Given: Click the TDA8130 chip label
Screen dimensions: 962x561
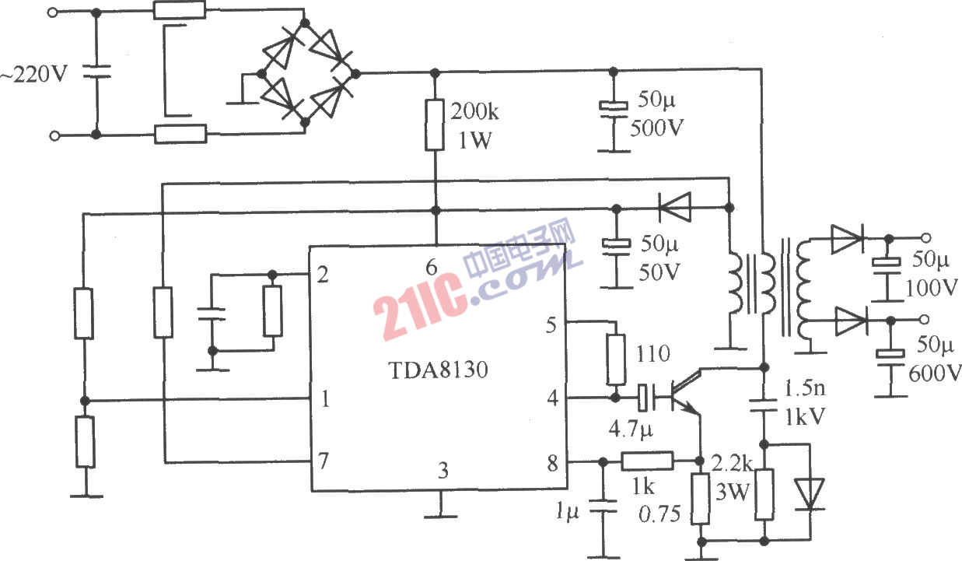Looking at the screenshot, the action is pos(438,370).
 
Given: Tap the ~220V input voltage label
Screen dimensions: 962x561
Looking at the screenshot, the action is pos(33,74).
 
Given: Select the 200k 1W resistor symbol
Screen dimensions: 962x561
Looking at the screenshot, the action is pos(435,124).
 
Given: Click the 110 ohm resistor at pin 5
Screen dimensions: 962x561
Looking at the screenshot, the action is pos(616,359).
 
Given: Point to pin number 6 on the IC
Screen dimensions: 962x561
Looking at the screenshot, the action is pos(431,268).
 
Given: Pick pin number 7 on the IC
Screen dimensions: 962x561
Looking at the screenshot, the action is pos(323,461).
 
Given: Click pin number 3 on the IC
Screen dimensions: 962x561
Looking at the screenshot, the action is pos(443,471).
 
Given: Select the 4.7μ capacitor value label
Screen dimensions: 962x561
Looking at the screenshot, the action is pos(630,430).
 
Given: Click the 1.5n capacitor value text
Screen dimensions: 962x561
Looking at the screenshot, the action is pos(805,388).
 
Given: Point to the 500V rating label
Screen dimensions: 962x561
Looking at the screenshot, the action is pos(656,128).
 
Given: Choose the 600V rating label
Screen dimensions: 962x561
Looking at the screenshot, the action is pos(935,373).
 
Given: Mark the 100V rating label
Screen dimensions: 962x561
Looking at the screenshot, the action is pos(932,288).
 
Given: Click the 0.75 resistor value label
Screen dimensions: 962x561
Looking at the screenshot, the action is pos(659,514).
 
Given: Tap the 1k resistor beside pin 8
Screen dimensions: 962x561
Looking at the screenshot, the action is pos(647,461).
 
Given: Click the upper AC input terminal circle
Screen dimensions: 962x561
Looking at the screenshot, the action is pos(52,12).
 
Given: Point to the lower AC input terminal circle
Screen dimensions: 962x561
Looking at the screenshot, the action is pos(54,135).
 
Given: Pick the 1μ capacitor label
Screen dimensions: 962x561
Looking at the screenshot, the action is pos(567,512).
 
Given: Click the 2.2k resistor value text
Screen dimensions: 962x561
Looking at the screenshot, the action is pos(731,463).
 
